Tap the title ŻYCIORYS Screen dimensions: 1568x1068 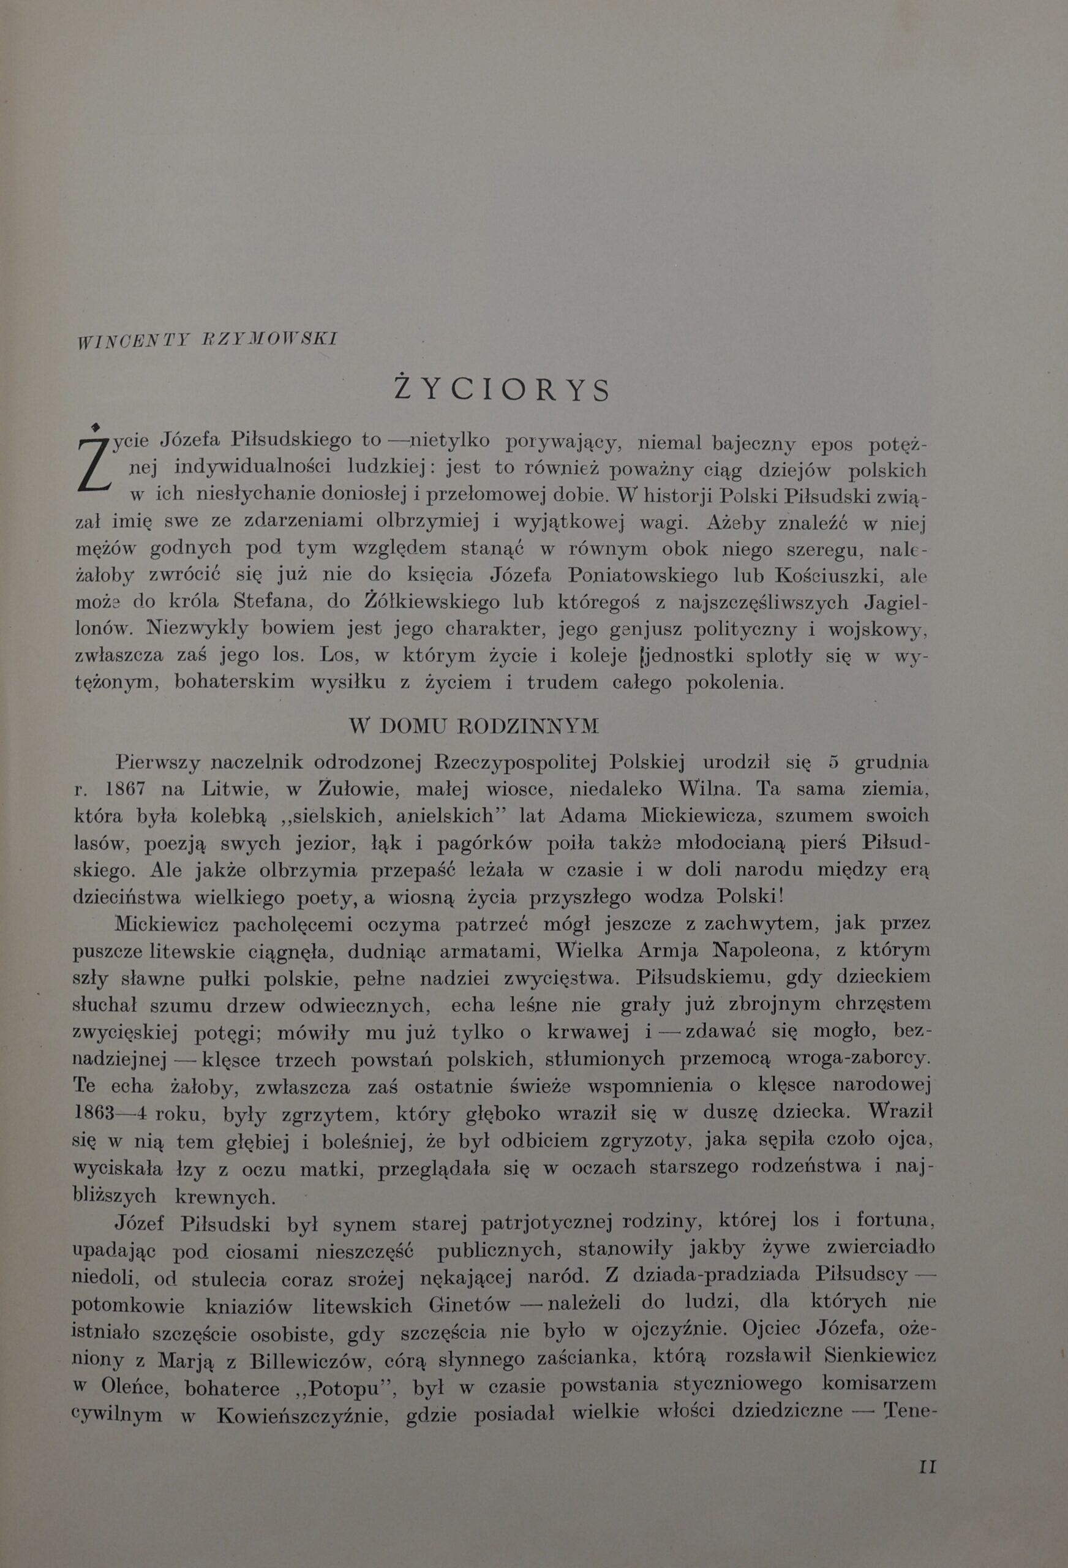(x=503, y=390)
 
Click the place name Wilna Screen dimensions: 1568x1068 (x=708, y=788)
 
